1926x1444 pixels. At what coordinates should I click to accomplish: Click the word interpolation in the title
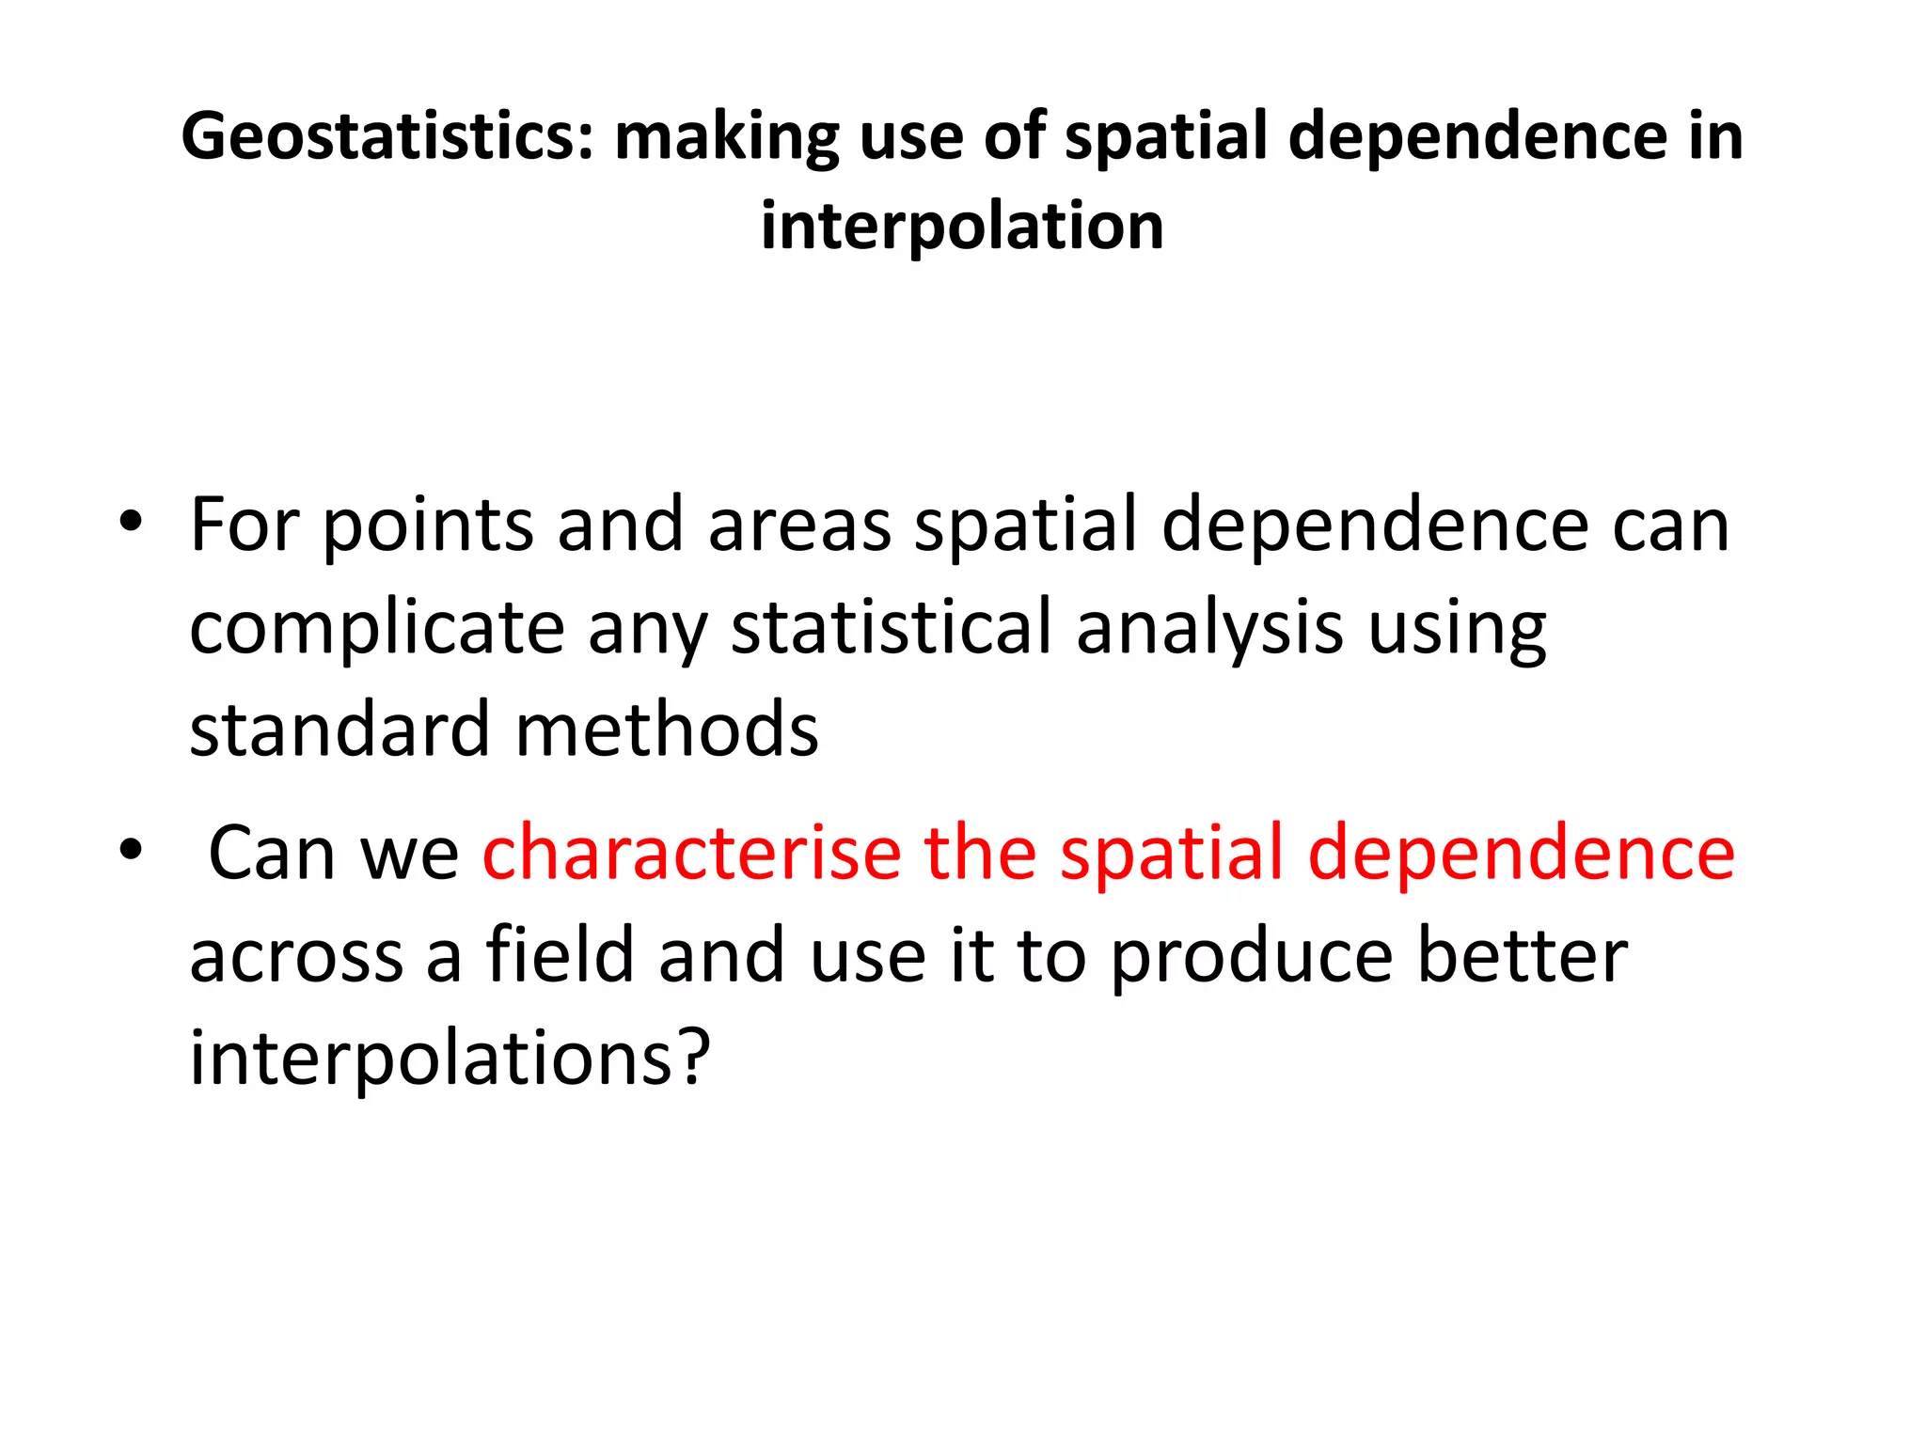(x=962, y=227)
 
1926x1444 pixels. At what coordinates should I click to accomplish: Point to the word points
(x=428, y=526)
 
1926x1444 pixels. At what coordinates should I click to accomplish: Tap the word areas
(x=799, y=526)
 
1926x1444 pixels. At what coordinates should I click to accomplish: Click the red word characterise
(x=692, y=852)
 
